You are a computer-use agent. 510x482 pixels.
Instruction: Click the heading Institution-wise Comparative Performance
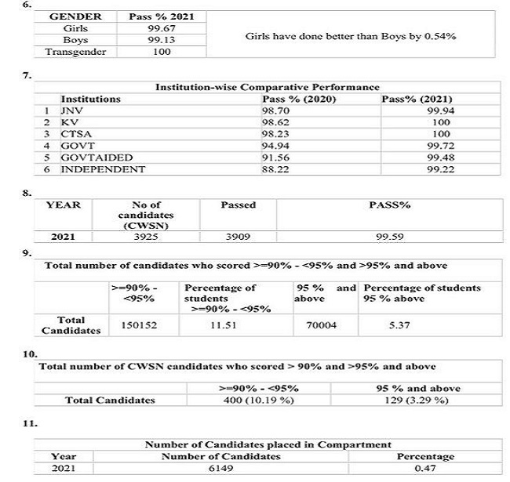(268, 87)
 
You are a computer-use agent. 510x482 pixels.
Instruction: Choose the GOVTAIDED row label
(89, 158)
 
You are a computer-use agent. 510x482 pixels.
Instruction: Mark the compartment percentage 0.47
(425, 468)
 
